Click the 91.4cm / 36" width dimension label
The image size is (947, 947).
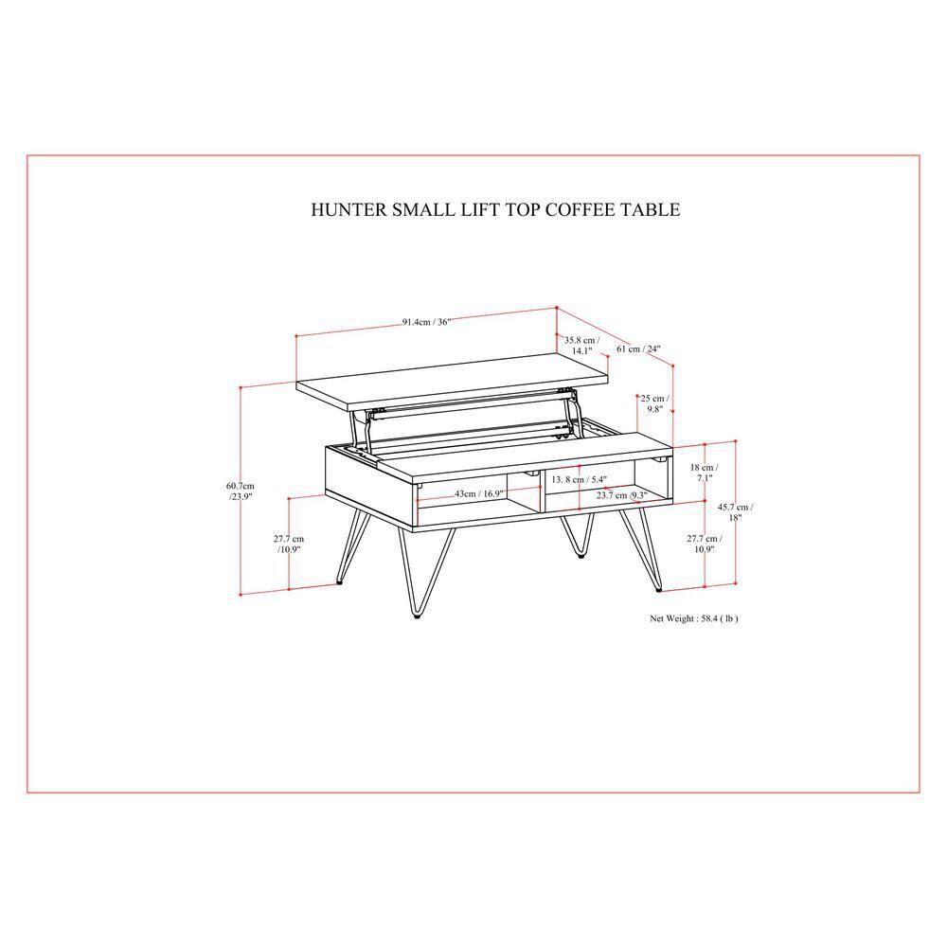[x=426, y=322]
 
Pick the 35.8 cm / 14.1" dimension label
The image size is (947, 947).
[x=581, y=346]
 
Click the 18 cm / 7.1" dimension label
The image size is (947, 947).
[x=704, y=473]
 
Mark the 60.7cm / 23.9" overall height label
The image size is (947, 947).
[x=241, y=491]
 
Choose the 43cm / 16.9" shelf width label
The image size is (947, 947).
[x=478, y=493]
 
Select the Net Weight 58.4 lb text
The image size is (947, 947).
[x=693, y=618]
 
